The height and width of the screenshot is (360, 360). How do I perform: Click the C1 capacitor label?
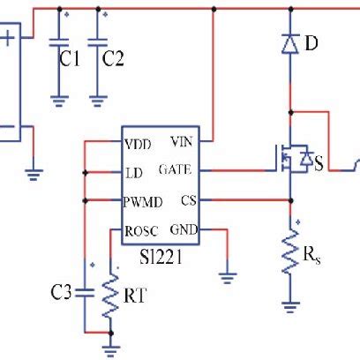tap(70, 59)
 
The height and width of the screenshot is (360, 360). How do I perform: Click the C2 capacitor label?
tap(114, 59)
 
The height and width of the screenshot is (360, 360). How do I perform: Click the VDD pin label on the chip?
tap(138, 143)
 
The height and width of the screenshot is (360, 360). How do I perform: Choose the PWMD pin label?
tap(143, 200)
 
